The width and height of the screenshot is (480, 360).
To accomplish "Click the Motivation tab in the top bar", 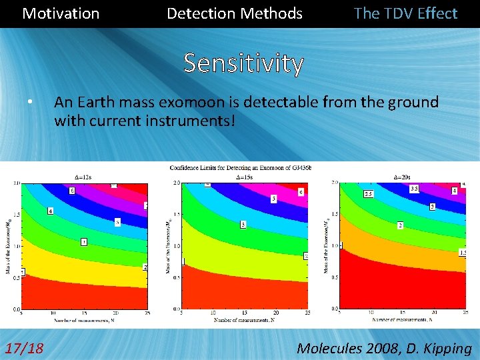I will (61, 13).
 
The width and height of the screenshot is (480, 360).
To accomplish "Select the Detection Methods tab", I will (234, 13).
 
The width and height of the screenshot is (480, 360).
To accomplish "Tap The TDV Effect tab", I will (405, 13).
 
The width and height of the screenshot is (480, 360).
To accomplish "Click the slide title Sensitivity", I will (243, 63).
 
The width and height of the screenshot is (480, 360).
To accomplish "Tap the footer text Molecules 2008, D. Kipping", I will (384, 347).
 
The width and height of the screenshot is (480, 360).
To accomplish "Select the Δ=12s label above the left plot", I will (84, 177).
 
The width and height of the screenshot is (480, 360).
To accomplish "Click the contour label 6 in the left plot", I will (72, 191).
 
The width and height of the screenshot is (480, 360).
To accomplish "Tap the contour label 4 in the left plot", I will (50, 211).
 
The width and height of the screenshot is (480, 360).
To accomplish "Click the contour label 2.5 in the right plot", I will (368, 194).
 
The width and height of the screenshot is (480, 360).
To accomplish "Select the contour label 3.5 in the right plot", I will (414, 189).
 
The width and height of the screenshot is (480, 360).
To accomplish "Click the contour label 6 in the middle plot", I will (301, 191).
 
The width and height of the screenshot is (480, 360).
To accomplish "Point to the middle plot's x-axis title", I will (245, 320).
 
